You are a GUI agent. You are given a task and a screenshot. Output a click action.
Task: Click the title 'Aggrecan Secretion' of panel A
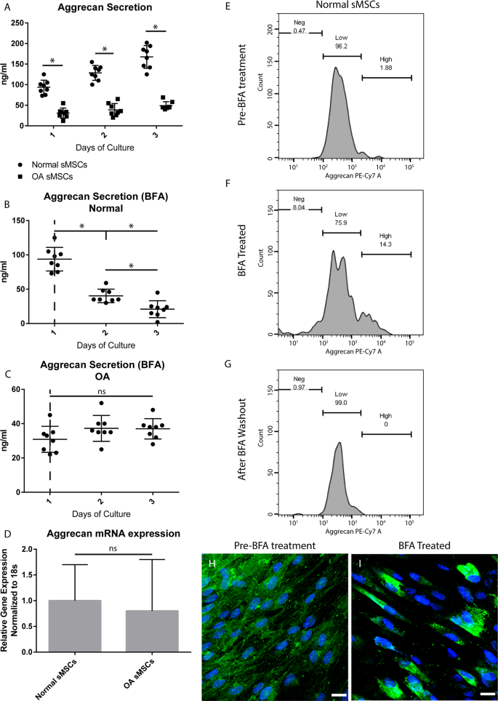[x=105, y=9]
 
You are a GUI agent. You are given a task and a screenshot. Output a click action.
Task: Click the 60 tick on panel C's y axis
[x=25, y=390]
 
